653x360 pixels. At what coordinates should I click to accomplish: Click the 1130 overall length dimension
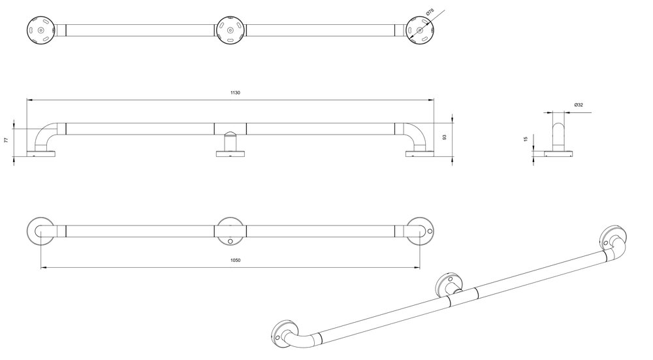click(235, 93)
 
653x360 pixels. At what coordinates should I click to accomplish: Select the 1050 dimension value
click(235, 261)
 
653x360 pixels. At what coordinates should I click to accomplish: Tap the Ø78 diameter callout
click(430, 13)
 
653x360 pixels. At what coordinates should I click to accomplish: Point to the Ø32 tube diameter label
click(579, 105)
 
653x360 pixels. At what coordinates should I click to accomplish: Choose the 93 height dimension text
click(444, 137)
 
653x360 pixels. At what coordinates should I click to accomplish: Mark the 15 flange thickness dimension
click(526, 139)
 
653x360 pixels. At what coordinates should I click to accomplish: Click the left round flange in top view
click(40, 30)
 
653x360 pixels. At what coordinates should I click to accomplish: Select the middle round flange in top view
click(231, 30)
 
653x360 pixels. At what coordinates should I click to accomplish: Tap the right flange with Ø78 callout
click(420, 30)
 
